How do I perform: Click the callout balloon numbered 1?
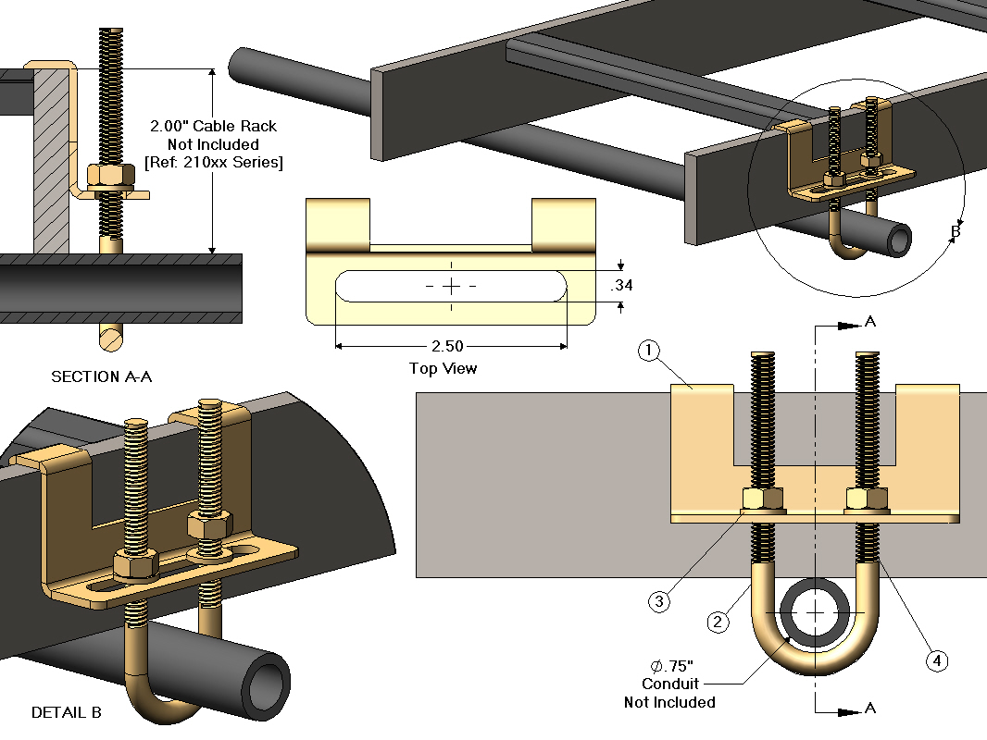point(650,351)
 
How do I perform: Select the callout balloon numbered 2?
point(717,623)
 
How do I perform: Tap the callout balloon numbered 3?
point(659,601)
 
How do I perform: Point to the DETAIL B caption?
point(67,712)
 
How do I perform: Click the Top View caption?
point(444,368)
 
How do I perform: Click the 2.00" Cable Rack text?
point(213,126)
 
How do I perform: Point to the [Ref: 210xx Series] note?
point(213,163)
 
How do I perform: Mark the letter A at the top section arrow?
point(869,321)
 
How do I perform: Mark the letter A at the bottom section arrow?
point(869,708)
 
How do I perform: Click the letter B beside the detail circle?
point(956,231)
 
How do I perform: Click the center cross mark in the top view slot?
point(451,287)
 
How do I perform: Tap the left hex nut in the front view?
point(763,499)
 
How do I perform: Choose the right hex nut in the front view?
point(868,499)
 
